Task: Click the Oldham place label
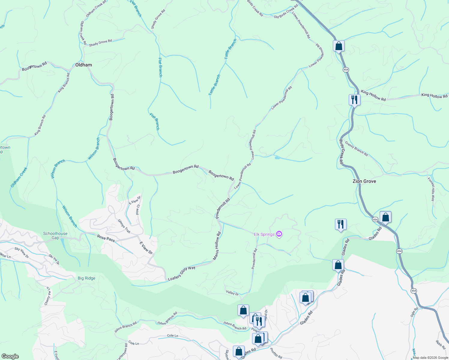pyautogui.click(x=83, y=65)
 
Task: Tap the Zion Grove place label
pyautogui.click(x=364, y=181)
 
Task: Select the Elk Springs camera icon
pyautogui.click(x=279, y=234)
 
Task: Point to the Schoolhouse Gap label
pyautogui.click(x=55, y=235)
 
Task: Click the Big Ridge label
pyautogui.click(x=86, y=278)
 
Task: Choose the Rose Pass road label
pyautogui.click(x=106, y=238)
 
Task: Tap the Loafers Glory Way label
pyautogui.click(x=182, y=273)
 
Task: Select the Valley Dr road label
pyautogui.click(x=232, y=292)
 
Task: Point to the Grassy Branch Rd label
pyautogui.click(x=356, y=149)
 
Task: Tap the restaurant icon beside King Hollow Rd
pyautogui.click(x=354, y=99)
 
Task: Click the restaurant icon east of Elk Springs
pyautogui.click(x=341, y=224)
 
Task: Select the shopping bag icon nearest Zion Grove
pyautogui.click(x=385, y=217)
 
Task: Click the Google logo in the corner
pyautogui.click(x=10, y=356)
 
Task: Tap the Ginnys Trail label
pyautogui.click(x=124, y=226)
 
